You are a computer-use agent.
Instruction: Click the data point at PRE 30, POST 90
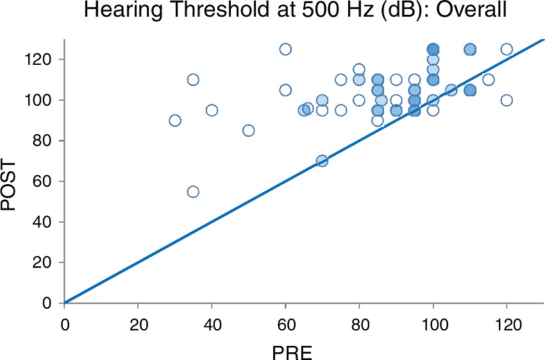175,121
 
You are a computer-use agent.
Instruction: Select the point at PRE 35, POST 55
193,191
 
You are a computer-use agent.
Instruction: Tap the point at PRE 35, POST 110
193,80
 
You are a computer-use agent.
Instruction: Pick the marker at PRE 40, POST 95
212,110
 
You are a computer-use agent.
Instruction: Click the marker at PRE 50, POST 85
249,130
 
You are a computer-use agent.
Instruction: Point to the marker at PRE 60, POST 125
285,49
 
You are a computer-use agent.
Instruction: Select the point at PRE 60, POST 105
285,90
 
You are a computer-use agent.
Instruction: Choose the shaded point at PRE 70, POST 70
323,161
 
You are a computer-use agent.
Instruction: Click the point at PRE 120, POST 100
507,100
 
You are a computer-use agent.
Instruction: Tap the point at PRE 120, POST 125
507,49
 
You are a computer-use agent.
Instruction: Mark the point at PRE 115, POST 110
488,80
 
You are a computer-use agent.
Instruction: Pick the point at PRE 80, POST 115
359,69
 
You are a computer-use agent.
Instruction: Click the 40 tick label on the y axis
45,222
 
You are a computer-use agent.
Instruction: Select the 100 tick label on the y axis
42,100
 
